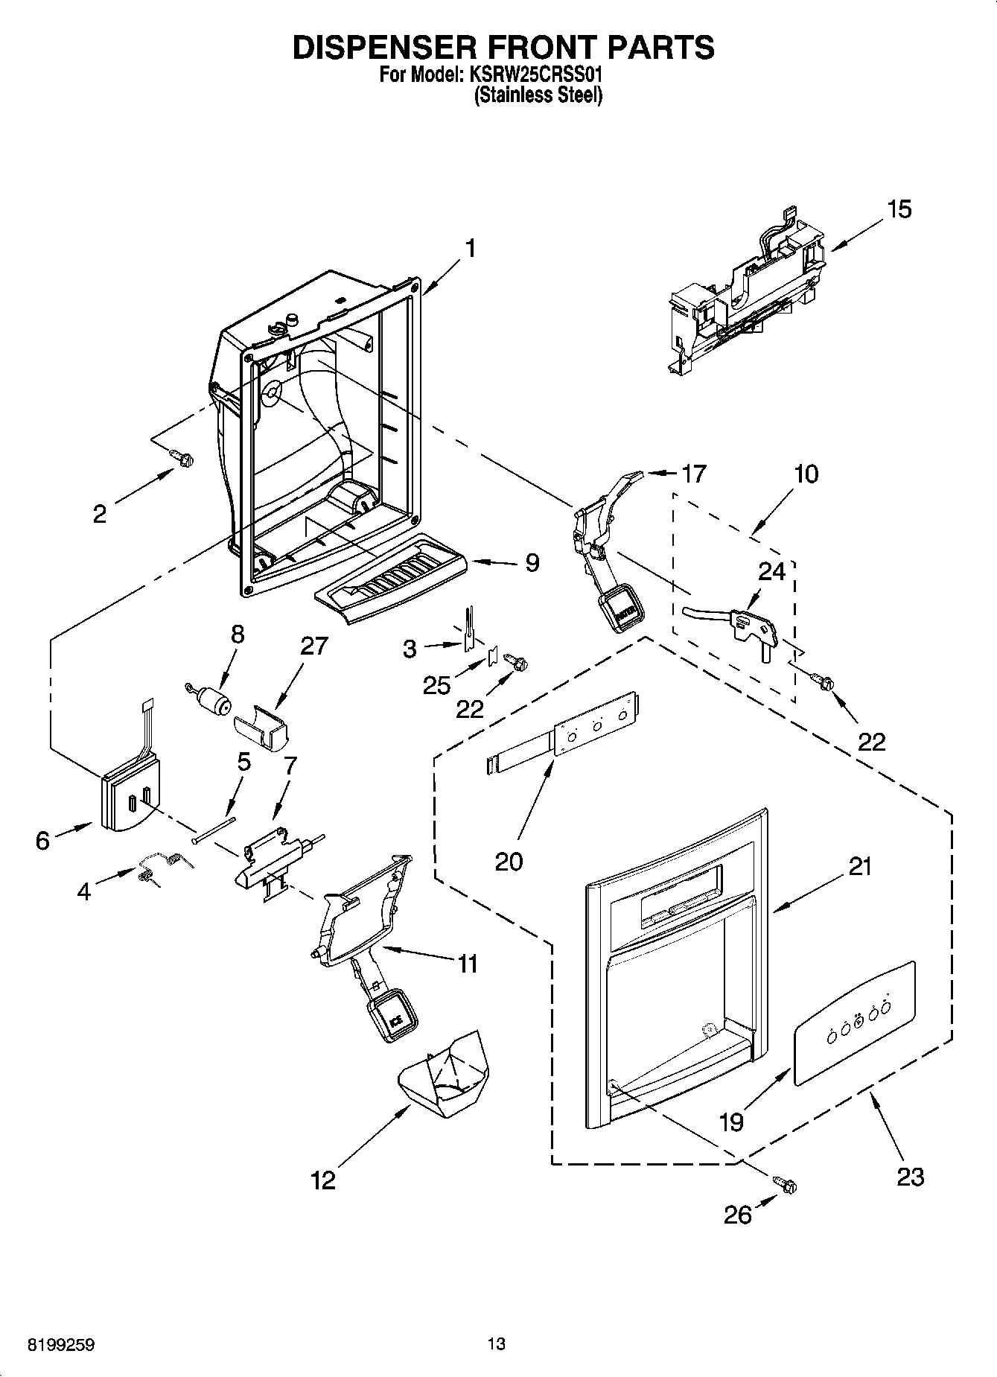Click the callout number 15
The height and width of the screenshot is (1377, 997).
tap(899, 209)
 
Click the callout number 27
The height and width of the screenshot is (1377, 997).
tap(313, 646)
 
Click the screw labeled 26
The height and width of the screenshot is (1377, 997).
tap(785, 1183)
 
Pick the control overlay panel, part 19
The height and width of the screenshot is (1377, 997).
tap(853, 1022)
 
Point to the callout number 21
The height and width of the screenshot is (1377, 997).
tap(859, 867)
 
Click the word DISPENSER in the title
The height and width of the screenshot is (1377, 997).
tap(377, 47)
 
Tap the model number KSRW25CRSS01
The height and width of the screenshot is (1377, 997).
tap(535, 75)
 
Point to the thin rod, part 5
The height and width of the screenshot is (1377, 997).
tap(213, 828)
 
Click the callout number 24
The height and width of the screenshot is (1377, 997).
tap(771, 572)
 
